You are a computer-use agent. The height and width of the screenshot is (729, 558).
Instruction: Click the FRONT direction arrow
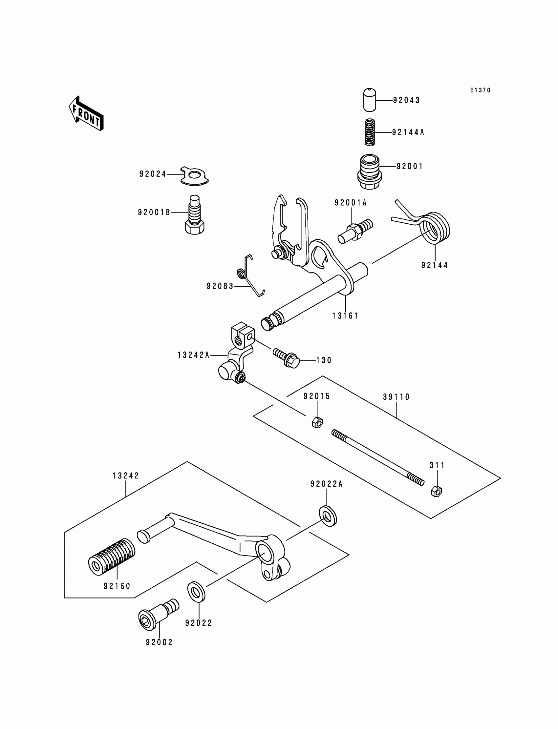pyautogui.click(x=86, y=113)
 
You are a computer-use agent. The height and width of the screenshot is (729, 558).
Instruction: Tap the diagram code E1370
pyautogui.click(x=480, y=90)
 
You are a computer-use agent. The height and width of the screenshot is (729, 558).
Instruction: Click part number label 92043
pyautogui.click(x=406, y=100)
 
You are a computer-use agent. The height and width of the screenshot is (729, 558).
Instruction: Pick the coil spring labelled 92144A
pyautogui.click(x=370, y=132)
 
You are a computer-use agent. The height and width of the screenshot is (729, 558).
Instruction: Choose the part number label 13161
pyautogui.click(x=345, y=316)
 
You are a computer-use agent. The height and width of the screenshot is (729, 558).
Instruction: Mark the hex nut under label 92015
pyautogui.click(x=317, y=422)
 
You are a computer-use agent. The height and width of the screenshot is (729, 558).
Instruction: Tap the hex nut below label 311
pyautogui.click(x=436, y=491)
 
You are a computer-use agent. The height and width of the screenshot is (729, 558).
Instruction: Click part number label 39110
pyautogui.click(x=396, y=397)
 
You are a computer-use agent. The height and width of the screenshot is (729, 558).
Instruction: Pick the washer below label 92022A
pyautogui.click(x=328, y=516)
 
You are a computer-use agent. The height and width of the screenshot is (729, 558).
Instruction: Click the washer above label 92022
pyautogui.click(x=196, y=592)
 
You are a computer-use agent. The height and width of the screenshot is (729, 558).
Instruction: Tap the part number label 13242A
pyautogui.click(x=193, y=355)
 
